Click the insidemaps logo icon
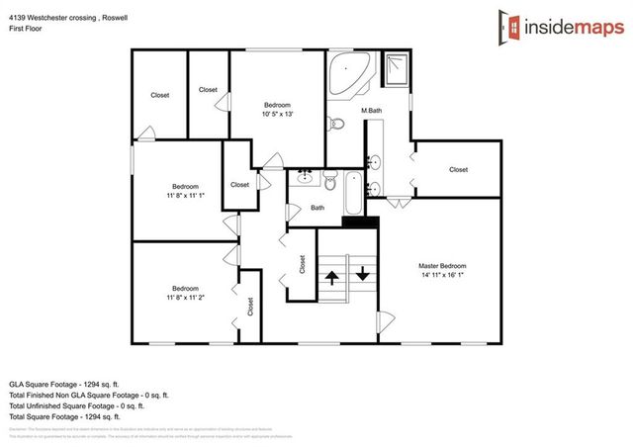tap(512, 25)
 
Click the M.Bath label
tap(372, 110)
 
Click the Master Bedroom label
tap(442, 266)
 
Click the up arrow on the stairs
tap(330, 275)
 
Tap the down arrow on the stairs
tap(362, 273)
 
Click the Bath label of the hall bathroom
tap(317, 208)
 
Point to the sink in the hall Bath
tap(306, 179)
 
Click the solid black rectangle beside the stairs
tap(360, 222)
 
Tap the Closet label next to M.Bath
tap(458, 169)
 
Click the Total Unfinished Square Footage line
tap(77, 404)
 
